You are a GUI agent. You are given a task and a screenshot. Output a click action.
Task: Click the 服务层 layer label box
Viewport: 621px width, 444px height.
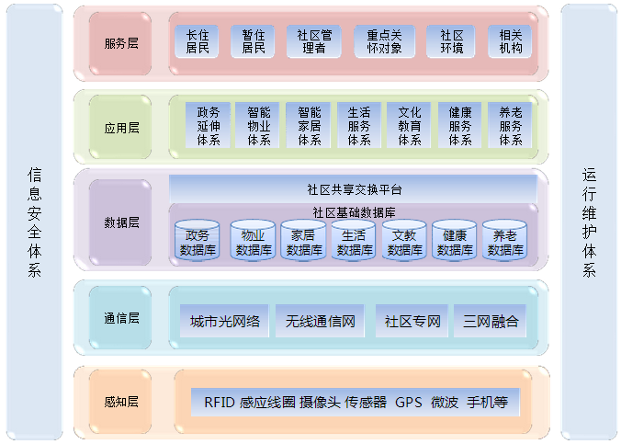click(121, 43)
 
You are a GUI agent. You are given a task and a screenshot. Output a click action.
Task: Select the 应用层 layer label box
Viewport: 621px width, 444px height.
click(121, 128)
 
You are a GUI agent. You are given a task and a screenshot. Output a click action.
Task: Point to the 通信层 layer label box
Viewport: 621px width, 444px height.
click(121, 318)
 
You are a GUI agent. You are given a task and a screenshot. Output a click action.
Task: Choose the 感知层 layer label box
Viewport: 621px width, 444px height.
click(121, 402)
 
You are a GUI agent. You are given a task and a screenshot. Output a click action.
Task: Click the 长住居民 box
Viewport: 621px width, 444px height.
click(197, 41)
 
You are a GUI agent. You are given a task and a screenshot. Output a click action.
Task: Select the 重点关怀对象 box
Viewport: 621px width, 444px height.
click(384, 41)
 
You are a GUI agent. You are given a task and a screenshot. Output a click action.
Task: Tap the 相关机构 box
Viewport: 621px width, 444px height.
click(511, 41)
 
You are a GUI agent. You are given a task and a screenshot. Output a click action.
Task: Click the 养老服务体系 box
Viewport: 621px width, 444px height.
click(511, 126)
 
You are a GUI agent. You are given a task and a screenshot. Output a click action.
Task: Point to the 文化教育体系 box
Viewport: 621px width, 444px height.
click(409, 126)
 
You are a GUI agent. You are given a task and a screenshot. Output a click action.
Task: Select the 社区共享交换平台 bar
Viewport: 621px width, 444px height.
click(354, 189)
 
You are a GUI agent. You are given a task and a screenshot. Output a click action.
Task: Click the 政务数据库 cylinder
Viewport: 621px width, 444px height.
click(198, 241)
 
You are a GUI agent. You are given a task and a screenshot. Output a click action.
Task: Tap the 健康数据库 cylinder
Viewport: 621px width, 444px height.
click(455, 241)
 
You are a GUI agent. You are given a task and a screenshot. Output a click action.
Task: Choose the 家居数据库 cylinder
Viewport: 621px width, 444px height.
click(303, 241)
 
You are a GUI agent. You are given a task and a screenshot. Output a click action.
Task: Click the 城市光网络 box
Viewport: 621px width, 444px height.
click(225, 322)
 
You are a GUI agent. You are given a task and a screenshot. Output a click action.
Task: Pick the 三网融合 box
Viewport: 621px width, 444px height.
click(491, 322)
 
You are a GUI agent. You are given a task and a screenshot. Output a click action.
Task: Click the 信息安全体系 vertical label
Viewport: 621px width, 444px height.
click(34, 222)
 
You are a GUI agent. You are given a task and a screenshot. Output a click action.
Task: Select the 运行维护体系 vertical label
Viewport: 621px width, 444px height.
click(589, 222)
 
